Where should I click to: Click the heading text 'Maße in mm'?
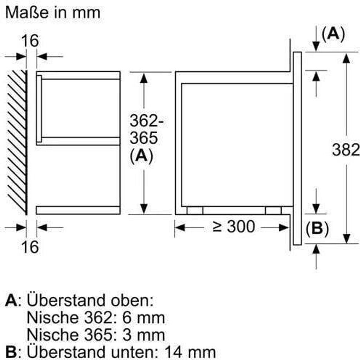53,13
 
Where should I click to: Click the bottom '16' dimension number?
30,247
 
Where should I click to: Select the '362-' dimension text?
147,121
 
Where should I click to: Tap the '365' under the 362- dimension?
144,138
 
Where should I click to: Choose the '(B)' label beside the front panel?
317,229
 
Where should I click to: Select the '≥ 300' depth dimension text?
233,227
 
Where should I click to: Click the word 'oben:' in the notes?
132,301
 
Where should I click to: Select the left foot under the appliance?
195,211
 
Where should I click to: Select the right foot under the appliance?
273,211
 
